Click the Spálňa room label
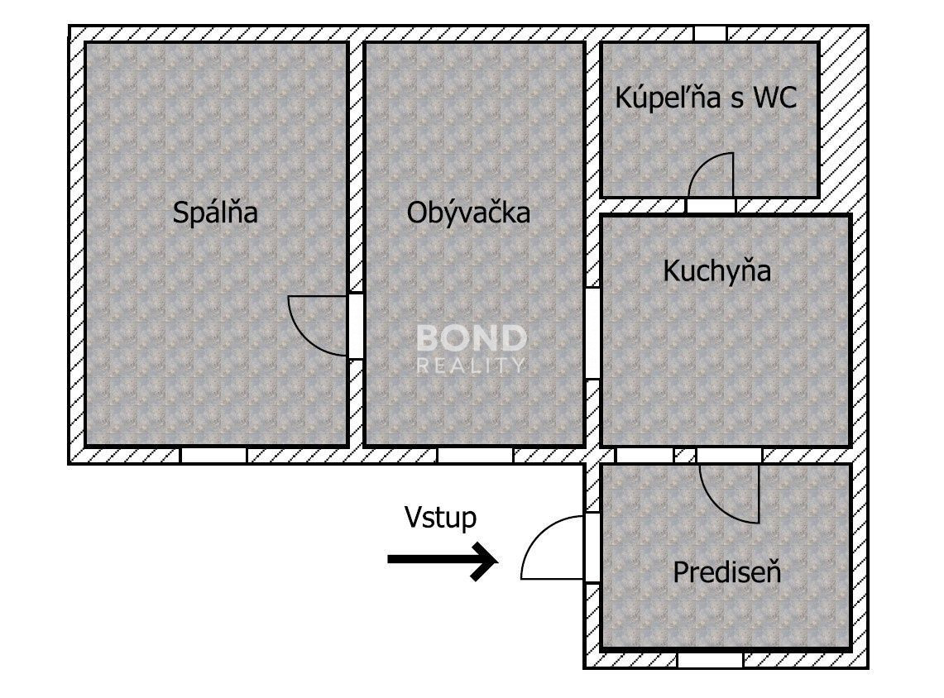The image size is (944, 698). click(x=215, y=213)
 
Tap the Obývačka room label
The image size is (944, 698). click(x=468, y=213)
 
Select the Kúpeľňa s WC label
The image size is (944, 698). click(x=706, y=98)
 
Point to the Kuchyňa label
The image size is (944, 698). click(x=716, y=270)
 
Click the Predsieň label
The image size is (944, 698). click(x=726, y=572)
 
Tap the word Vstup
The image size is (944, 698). click(x=440, y=518)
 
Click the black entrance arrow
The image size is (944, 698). click(x=443, y=560)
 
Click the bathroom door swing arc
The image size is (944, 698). click(x=702, y=165)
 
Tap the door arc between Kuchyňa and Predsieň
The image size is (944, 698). click(x=716, y=504)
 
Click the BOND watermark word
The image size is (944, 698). click(x=472, y=338)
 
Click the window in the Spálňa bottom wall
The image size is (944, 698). click(x=213, y=455)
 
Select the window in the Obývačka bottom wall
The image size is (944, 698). click(x=475, y=455)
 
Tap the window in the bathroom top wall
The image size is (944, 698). click(x=711, y=34)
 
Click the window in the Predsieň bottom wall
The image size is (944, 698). click(x=711, y=659)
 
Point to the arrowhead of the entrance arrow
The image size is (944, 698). click(x=486, y=561)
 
